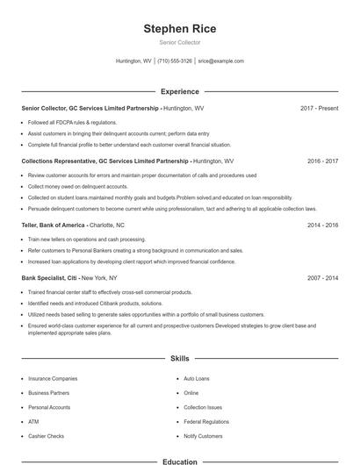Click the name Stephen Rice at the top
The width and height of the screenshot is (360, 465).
point(179,29)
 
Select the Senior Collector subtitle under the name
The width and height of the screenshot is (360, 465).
point(179,42)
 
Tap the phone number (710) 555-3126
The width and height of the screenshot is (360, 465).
point(176,61)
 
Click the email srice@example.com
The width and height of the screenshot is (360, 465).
point(220,61)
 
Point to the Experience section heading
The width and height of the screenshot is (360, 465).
point(179,91)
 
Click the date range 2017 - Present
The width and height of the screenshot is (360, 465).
point(319,108)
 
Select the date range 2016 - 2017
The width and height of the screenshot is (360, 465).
point(322,161)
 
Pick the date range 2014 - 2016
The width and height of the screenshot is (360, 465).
point(322,225)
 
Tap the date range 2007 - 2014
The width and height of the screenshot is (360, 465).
point(322,278)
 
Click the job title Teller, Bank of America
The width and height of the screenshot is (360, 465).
point(53,225)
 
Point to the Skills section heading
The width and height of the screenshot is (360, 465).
point(179,359)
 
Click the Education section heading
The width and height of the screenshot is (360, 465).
point(179,461)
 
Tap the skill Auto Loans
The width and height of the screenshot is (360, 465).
point(197,378)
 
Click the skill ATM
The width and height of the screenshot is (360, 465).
point(33,421)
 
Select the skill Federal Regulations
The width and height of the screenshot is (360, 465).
point(206,421)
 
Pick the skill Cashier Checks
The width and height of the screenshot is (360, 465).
point(45,436)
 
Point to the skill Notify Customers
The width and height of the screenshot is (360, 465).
point(203,436)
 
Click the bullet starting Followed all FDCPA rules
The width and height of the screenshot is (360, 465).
point(72,122)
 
